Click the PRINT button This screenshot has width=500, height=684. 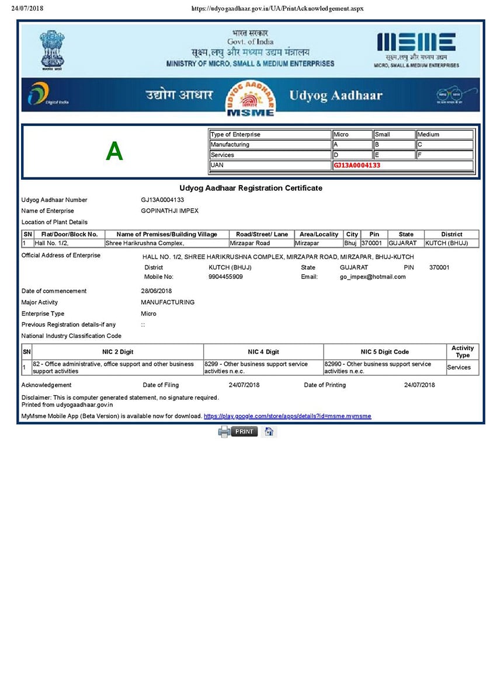244,431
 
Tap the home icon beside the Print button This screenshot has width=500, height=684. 269,431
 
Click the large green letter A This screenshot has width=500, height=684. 114,152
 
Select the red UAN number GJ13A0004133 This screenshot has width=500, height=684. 357,165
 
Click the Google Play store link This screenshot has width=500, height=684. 287,416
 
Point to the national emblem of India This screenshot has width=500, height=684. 52,50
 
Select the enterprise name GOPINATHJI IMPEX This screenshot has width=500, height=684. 170,211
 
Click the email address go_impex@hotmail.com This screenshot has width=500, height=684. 373,277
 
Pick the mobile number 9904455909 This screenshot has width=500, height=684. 225,277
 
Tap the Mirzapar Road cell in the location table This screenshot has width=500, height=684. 250,243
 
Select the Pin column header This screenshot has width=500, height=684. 374,234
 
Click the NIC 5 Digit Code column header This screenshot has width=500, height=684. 384,352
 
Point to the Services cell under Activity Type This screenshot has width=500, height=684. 459,367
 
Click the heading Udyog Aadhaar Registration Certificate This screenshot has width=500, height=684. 251,188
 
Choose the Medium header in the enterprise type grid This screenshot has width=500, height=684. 428,134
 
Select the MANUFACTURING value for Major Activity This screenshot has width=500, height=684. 168,302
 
